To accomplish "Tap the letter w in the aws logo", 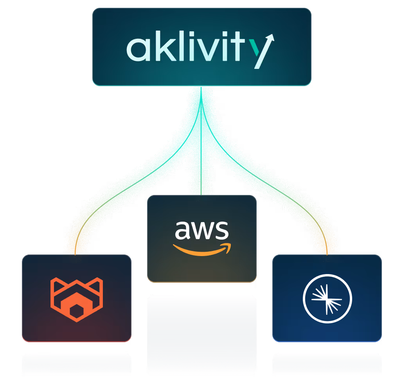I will pos(202,231).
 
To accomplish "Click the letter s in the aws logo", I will pos(221,231).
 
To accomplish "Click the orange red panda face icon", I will pos(76,299).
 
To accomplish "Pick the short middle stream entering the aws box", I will pos(201,172).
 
